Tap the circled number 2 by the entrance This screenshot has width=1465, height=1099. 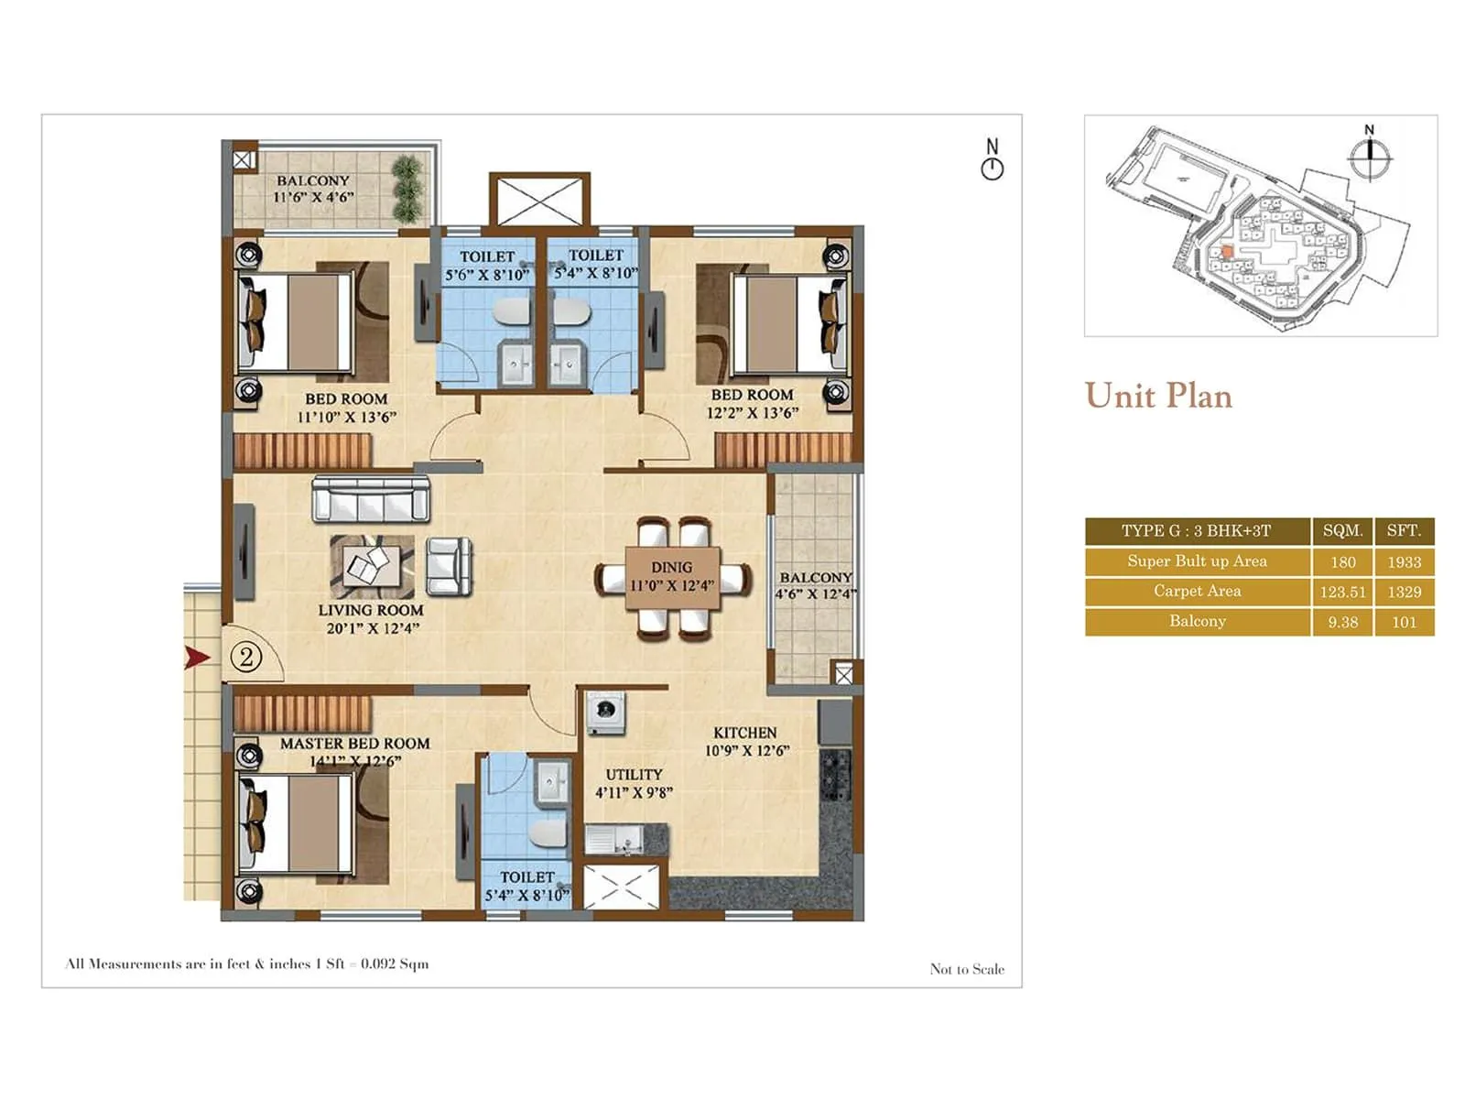tap(245, 657)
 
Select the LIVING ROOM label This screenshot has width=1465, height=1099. tap(371, 610)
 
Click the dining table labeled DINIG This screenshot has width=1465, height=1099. tap(672, 577)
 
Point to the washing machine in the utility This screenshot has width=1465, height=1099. tap(605, 712)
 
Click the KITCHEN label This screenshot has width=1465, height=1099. tap(744, 733)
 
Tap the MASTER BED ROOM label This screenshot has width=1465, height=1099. tap(354, 744)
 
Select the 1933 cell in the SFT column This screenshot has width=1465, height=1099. tap(1404, 561)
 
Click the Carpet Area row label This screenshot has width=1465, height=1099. tap(1197, 592)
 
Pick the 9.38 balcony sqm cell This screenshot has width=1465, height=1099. tap(1342, 622)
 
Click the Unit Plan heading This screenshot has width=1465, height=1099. tap(1158, 396)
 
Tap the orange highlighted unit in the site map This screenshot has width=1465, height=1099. tap(1227, 252)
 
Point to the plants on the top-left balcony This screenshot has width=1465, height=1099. tap(407, 188)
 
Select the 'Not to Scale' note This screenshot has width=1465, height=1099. tap(967, 969)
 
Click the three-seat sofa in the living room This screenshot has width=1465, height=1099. tap(371, 499)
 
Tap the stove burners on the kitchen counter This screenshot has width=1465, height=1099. tap(835, 775)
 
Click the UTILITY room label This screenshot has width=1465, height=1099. tap(634, 775)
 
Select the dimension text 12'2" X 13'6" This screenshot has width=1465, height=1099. tap(752, 413)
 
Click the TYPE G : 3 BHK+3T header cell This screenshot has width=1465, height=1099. tap(1197, 531)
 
